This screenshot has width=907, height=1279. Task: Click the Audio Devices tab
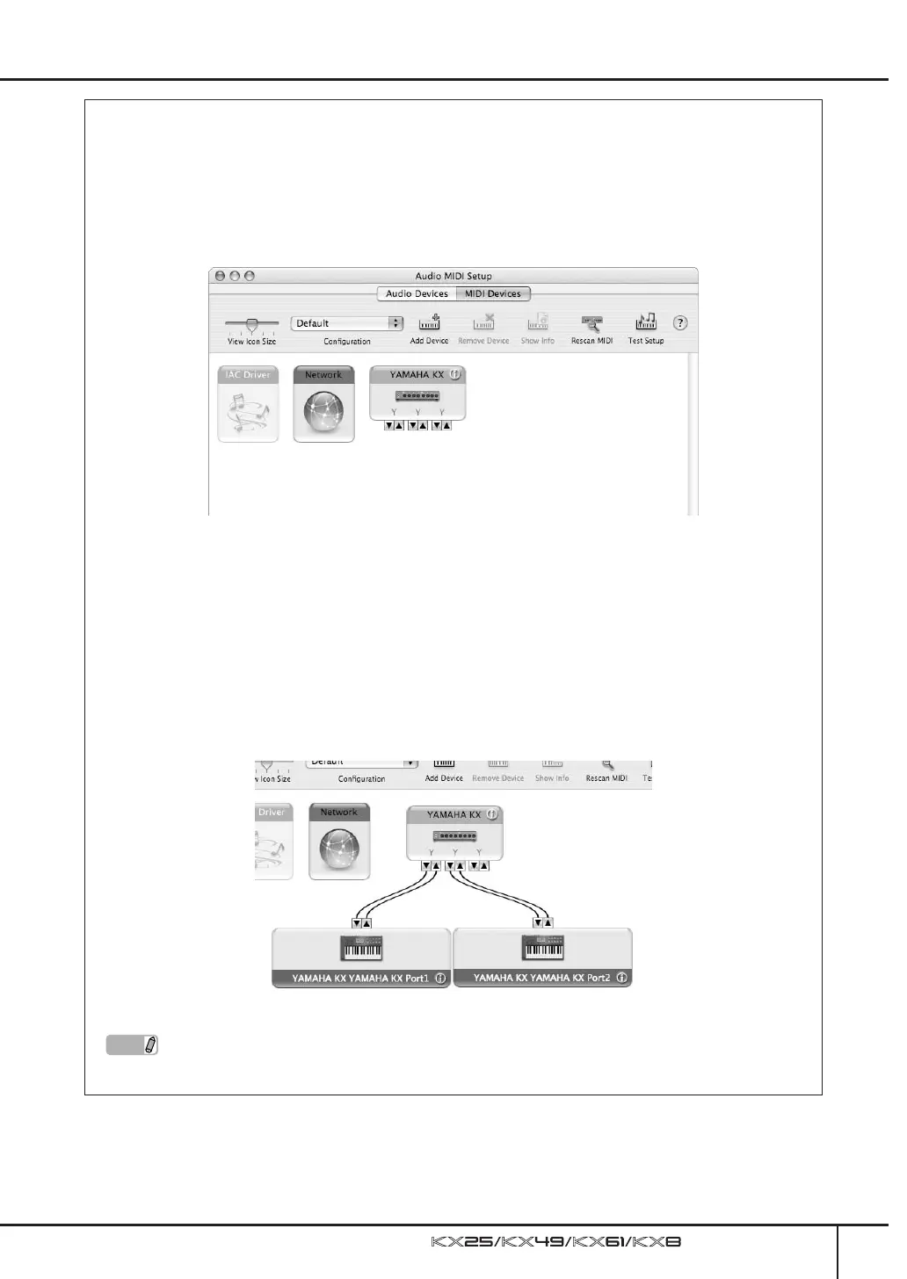[x=417, y=294]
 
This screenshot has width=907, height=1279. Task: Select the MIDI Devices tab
[x=492, y=294]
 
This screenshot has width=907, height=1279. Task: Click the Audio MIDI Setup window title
[x=453, y=276]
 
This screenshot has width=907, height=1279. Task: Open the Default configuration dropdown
[x=347, y=323]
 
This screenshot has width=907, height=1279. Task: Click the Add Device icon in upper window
[x=429, y=322]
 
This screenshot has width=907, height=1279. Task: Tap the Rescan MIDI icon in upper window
[x=591, y=322]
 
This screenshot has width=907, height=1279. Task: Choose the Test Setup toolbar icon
[x=646, y=322]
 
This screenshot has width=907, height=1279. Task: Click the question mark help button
[x=679, y=323]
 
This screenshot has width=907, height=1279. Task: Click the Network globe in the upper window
[x=323, y=412]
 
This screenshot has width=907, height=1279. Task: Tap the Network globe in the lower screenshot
[x=339, y=849]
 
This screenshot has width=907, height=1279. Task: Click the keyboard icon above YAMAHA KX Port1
[x=361, y=949]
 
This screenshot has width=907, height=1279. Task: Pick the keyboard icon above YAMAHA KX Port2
[x=542, y=949]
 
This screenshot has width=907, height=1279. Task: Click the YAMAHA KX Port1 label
[x=360, y=978]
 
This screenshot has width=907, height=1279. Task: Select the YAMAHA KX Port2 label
[x=541, y=978]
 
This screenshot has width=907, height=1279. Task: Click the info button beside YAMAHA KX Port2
[x=622, y=978]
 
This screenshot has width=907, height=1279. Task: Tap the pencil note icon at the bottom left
[x=150, y=1045]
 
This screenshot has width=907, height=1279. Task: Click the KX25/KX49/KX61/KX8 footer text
[x=556, y=1242]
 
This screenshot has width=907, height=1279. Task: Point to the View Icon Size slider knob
[x=251, y=325]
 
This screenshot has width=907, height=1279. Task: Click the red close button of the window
[x=220, y=276]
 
